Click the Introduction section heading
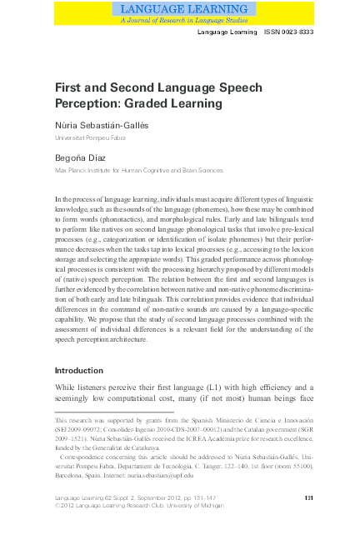tap(78, 370)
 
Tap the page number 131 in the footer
tap(307, 497)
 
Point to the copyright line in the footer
tap(142, 505)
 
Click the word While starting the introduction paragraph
tap(67, 387)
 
